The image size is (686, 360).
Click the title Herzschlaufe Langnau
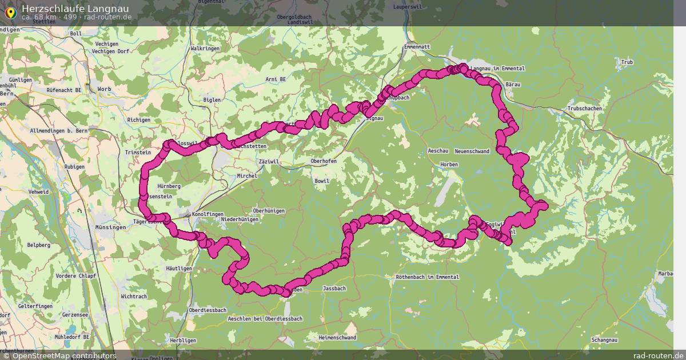point(75,8)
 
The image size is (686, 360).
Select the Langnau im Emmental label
point(496,69)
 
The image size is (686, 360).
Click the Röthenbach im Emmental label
point(427,277)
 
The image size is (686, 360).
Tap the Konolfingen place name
point(208,214)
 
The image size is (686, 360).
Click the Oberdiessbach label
point(208,310)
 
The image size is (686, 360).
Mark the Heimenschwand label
point(337,338)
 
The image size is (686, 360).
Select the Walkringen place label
point(205,49)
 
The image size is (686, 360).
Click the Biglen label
point(212,100)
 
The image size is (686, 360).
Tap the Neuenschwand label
point(472,151)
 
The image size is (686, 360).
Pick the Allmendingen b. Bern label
point(58,131)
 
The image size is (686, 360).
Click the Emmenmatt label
point(416,46)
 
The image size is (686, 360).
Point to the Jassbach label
point(334,289)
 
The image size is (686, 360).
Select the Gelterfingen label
point(35,306)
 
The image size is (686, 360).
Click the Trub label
point(627,62)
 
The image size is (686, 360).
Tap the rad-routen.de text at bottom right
point(657,355)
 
